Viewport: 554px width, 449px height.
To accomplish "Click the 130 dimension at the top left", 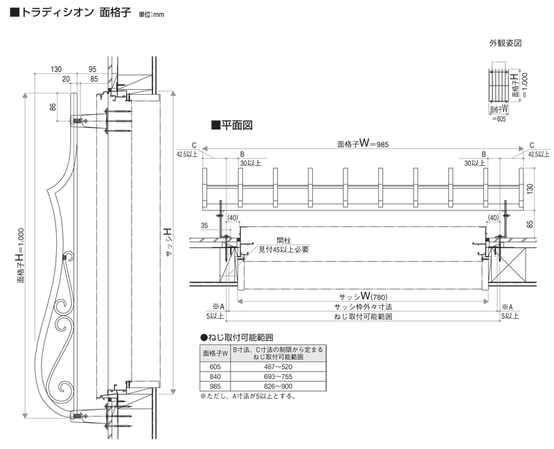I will coord(57,69).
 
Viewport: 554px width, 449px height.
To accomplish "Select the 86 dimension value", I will coord(53,107).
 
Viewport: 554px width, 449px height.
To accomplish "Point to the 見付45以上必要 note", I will coord(283,249).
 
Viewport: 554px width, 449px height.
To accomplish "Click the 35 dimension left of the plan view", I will coord(205,226).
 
